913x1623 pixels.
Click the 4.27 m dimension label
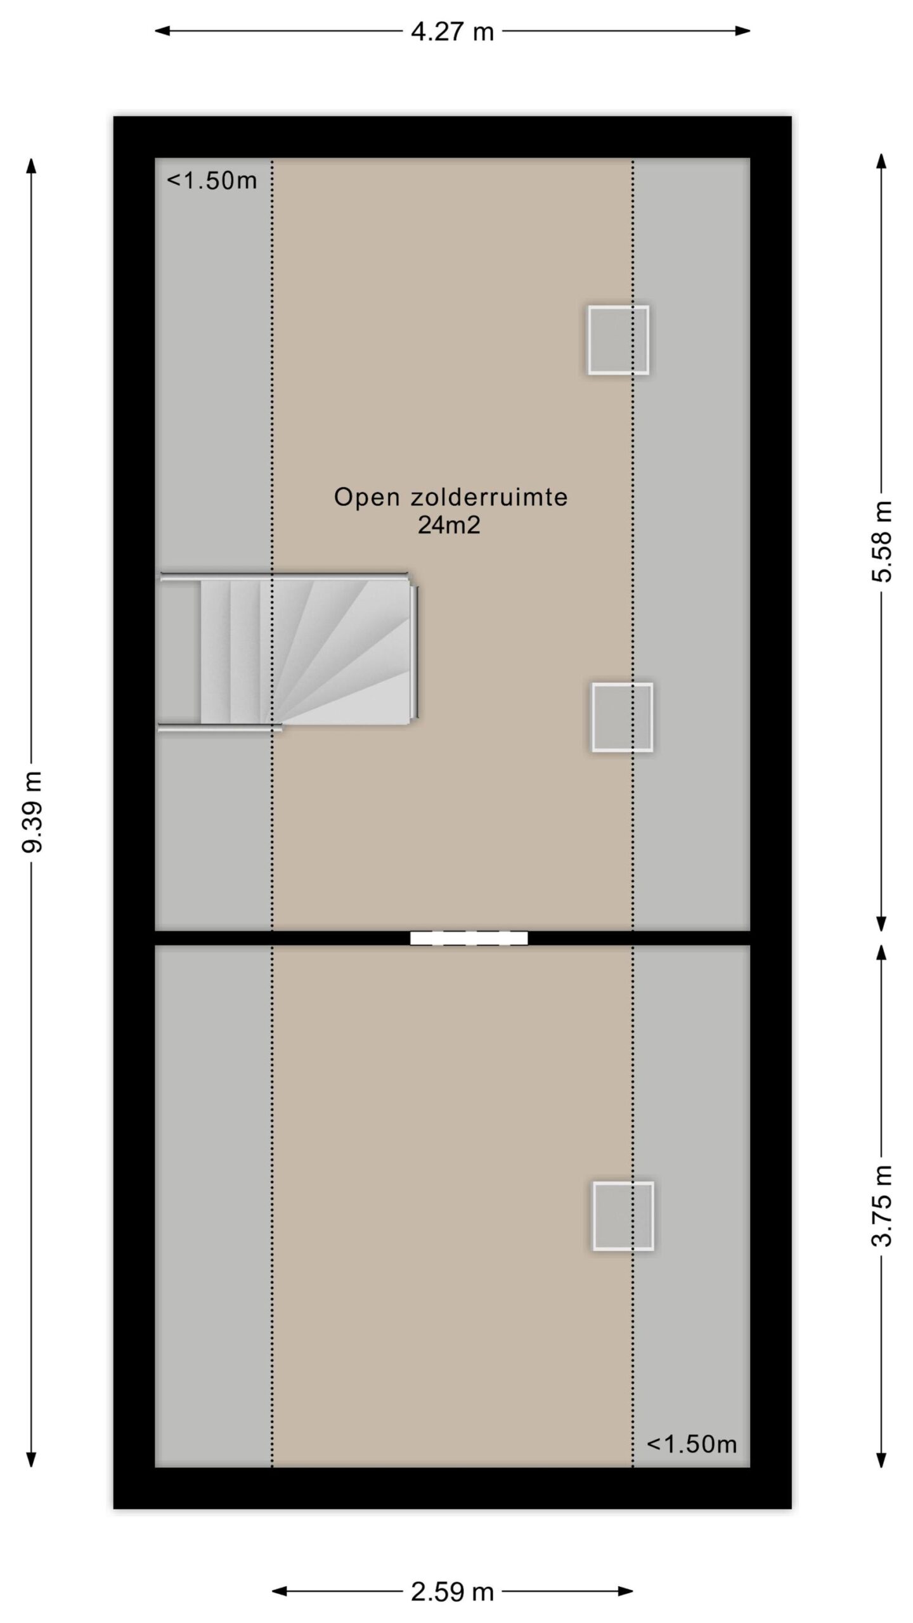452,31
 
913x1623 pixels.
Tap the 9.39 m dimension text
31,812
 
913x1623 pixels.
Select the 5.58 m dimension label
881,541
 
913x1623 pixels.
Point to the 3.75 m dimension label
881,1205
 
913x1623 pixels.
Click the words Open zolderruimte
451,497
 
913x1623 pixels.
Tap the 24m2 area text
449,526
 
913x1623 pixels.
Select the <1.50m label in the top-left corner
212,181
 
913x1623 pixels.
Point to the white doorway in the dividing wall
469,938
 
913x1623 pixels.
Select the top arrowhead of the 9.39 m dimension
30,165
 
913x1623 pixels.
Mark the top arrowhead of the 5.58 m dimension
881,161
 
